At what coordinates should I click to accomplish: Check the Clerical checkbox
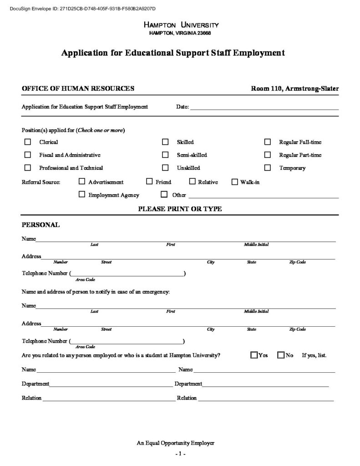tap(28, 142)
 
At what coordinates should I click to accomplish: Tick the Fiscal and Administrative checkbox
tap(28, 155)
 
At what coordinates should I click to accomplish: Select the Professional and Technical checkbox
tap(28, 167)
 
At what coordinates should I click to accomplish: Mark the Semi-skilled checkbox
tap(165, 155)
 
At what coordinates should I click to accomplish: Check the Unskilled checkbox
tap(165, 167)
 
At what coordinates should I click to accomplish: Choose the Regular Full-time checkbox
tap(268, 142)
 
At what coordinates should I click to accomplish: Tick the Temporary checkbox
tap(268, 167)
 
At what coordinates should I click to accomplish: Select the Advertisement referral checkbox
tap(82, 182)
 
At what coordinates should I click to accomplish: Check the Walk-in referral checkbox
tap(235, 182)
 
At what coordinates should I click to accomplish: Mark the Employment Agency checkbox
tap(82, 194)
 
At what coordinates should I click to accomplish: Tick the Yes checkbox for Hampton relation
tap(254, 355)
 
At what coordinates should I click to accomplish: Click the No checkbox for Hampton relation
tap(280, 355)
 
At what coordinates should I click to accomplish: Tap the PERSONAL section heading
tap(41, 225)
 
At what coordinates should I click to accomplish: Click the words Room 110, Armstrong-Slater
tap(294, 88)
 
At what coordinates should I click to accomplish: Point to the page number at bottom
tap(180, 454)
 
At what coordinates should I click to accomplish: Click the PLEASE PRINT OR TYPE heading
tap(180, 209)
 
